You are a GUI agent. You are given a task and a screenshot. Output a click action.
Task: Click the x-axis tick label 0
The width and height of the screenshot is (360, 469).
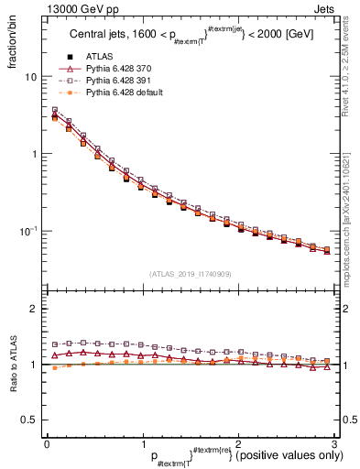[47, 442]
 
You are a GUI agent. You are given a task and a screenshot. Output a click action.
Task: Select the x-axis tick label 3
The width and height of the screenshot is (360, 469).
[335, 442]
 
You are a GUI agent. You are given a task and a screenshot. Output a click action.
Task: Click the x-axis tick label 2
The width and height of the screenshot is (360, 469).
[239, 442]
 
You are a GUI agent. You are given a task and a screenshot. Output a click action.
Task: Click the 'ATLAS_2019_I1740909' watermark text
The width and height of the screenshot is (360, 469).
[191, 274]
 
